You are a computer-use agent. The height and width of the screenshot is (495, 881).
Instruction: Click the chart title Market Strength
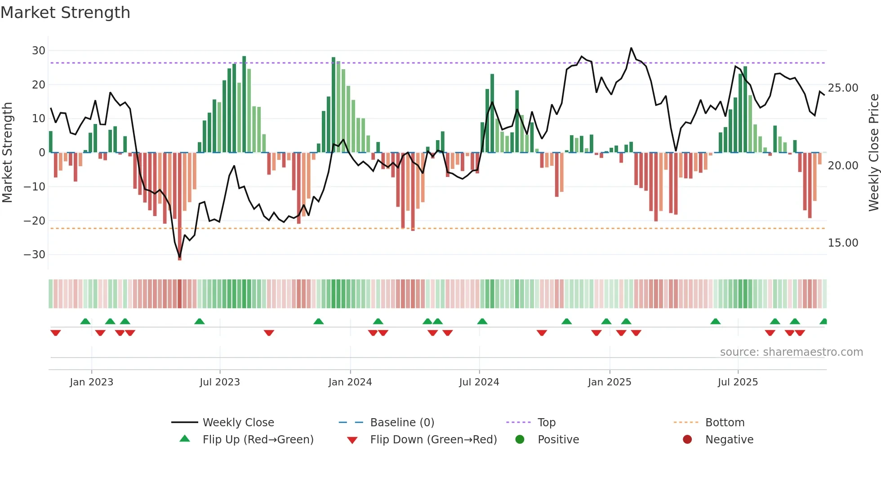coord(65,13)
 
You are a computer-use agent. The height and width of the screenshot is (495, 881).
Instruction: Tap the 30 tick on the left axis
coord(39,51)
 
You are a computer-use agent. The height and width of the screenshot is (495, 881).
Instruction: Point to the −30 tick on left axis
coord(35,255)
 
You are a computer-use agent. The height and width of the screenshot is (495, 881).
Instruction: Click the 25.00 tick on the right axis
coord(843,88)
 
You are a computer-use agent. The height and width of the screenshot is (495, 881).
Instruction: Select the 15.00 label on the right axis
coord(843,243)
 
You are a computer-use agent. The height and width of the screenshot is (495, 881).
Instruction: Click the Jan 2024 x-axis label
coord(350,382)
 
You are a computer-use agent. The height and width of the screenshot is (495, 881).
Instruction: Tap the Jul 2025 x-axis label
coord(738,382)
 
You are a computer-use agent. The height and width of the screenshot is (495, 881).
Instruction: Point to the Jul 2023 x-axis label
coord(220,382)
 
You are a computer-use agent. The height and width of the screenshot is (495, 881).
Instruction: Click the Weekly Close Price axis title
coord(873,153)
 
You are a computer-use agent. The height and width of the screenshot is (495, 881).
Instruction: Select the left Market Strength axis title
coord(8,153)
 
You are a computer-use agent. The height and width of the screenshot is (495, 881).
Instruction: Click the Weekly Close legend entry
coord(238,423)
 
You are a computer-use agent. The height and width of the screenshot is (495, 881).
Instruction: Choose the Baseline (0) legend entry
coord(402,423)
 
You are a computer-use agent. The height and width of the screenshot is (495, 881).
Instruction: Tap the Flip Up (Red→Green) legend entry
coord(258,440)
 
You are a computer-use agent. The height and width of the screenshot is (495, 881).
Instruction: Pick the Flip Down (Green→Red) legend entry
coord(433,440)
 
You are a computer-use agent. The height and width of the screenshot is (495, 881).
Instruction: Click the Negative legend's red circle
coord(687,440)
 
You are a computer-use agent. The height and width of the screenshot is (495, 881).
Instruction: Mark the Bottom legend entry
coord(725,423)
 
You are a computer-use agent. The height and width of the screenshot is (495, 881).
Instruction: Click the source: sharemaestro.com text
coord(791,352)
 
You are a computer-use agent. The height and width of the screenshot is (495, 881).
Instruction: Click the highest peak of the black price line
coord(631,48)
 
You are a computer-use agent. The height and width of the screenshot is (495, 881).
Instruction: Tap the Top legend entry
coord(546,423)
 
